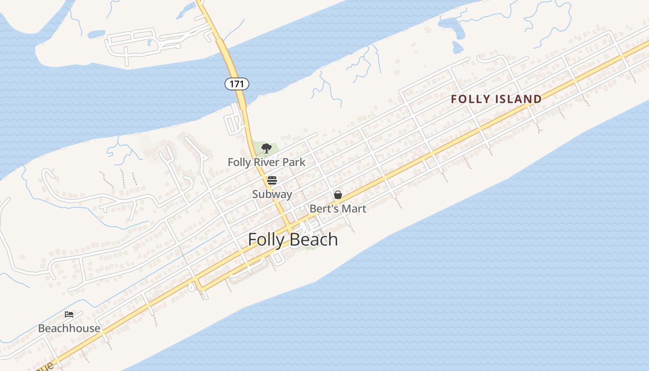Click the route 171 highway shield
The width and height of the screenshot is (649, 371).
237,84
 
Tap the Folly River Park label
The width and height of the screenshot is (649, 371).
267,162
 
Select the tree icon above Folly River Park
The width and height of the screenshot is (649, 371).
266,148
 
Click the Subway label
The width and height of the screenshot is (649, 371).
272,194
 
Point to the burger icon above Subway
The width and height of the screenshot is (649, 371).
272,180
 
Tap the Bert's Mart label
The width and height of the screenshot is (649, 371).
338,209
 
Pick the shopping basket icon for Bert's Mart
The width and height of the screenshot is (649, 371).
338,195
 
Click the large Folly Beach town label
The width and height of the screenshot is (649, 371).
293,240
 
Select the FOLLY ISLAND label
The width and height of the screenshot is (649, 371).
496,99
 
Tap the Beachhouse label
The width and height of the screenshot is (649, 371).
69,328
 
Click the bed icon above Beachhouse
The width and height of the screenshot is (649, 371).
69,314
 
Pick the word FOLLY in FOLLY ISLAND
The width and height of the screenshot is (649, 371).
471,99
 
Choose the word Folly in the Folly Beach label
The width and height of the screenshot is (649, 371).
267,240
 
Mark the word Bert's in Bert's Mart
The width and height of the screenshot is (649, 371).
324,209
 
